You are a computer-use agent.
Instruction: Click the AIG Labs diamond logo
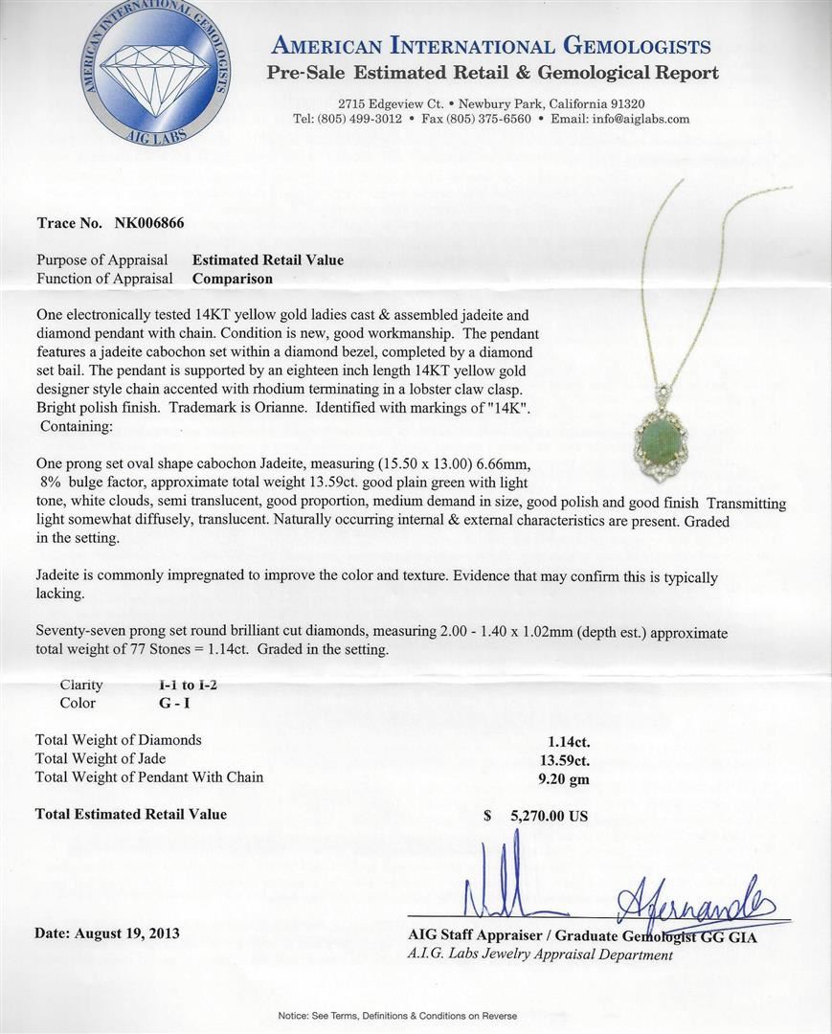point(153,75)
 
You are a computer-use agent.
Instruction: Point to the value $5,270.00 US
point(537,817)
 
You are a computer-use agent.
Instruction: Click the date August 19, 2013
point(107,933)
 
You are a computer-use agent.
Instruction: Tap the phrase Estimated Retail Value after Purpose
point(268,260)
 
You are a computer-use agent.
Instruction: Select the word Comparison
point(233,279)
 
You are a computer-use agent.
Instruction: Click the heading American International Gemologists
point(491,46)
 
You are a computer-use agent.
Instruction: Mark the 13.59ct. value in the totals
point(564,760)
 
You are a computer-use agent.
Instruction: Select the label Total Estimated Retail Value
point(131,814)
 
